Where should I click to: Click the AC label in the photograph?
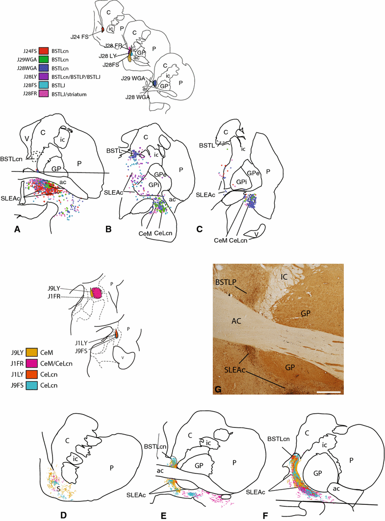239,319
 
